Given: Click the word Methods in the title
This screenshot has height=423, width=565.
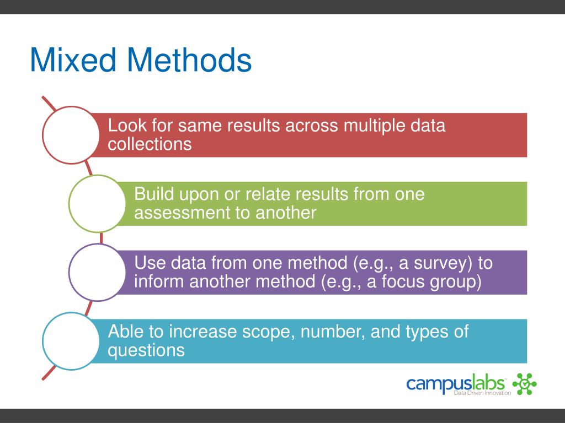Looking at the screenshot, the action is click(189, 60).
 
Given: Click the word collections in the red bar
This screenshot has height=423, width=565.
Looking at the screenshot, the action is click(150, 144).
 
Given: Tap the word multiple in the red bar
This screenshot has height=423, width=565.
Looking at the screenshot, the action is click(375, 126).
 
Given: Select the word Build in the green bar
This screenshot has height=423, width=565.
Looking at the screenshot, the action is click(154, 194).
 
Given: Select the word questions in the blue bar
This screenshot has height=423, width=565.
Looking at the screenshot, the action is click(146, 350).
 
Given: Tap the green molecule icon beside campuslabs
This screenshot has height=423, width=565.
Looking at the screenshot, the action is click(524, 384).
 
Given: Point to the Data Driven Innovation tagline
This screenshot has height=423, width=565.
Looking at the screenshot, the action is click(482, 393).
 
